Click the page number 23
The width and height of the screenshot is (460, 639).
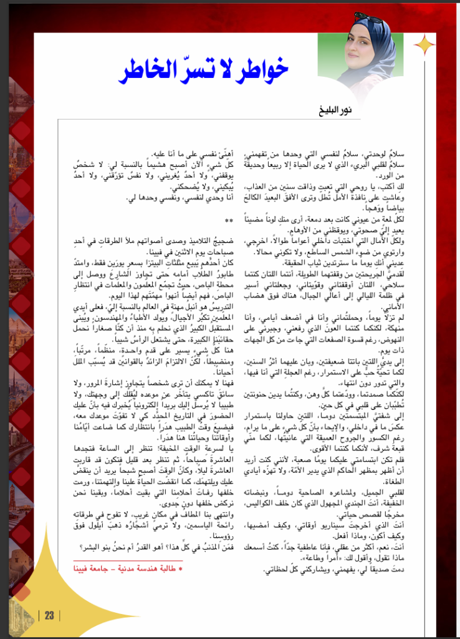pos(49,615)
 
